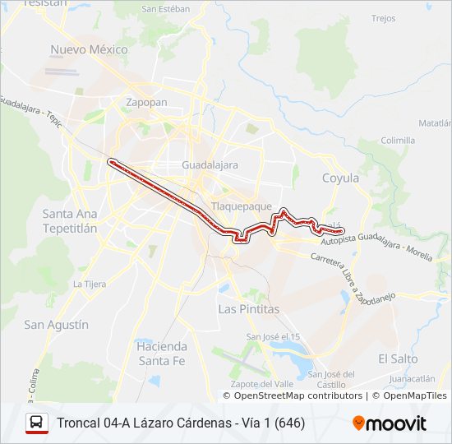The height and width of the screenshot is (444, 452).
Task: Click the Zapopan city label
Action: coord(147,103)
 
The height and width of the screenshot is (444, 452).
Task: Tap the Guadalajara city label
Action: coord(210,165)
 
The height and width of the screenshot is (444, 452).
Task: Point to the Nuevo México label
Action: coord(90,49)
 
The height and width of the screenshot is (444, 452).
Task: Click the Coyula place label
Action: coord(340,178)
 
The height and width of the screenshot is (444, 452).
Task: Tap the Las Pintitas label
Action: coord(248,309)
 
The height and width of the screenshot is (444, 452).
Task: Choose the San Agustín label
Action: coord(56,325)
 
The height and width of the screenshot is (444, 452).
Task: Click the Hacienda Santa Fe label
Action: coord(162,354)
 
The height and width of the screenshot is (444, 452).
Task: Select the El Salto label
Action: coord(398,359)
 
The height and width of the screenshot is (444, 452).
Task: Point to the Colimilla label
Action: coord(398,141)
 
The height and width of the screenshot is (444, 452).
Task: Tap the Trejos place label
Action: coord(383,18)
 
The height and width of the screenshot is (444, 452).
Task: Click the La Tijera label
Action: coord(90,284)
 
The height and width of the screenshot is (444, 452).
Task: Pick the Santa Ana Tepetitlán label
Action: coord(69,220)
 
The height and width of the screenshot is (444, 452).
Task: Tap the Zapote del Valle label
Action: coord(263,384)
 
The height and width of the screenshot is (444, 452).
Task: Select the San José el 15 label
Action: coord(274,337)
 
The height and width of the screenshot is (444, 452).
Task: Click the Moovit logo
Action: coord(390,423)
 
